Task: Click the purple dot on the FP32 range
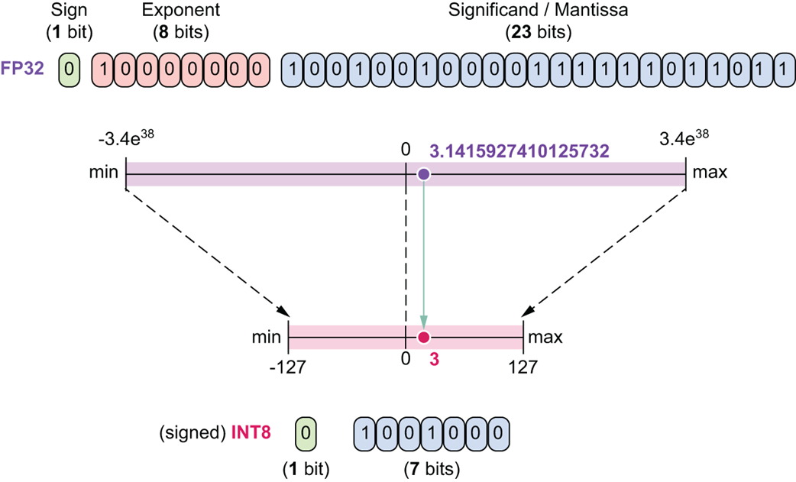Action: click(x=424, y=174)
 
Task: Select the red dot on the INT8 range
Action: click(x=424, y=337)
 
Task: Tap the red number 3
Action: click(x=434, y=359)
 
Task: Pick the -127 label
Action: click(x=287, y=367)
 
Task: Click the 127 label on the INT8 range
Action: click(x=523, y=367)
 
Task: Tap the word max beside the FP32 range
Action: click(x=709, y=173)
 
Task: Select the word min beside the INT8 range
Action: click(x=267, y=337)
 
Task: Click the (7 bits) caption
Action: click(x=432, y=465)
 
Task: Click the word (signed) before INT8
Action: click(x=193, y=432)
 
